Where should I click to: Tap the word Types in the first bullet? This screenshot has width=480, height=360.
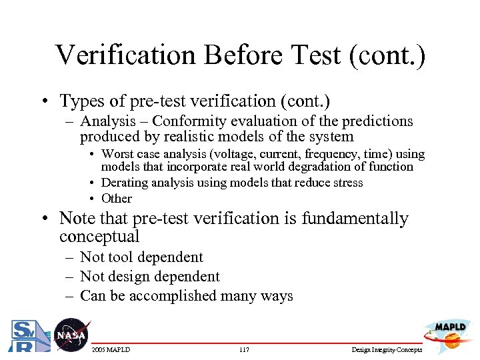[81, 101]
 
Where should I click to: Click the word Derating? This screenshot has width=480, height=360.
[123, 183]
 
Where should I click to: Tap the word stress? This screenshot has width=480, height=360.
[347, 183]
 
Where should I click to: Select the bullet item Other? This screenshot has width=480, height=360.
[117, 198]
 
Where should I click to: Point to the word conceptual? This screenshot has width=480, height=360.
[99, 237]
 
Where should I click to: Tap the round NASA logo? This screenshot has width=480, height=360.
[71, 335]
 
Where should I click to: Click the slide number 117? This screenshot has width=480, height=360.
[243, 349]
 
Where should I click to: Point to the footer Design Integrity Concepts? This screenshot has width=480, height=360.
[387, 349]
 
